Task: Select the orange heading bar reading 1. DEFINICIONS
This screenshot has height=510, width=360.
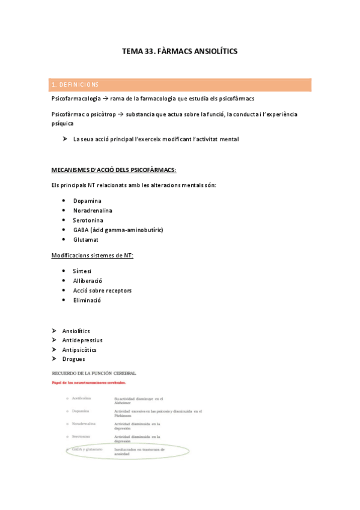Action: coord(181,85)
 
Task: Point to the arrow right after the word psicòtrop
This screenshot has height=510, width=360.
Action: coord(120,114)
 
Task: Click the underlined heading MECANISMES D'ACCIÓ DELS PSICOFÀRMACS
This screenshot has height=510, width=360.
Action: coord(114,169)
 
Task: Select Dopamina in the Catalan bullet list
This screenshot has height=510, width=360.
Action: coord(87,201)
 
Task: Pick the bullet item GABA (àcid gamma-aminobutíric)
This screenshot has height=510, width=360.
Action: coord(118,230)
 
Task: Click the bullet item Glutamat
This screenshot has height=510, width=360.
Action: coord(86,239)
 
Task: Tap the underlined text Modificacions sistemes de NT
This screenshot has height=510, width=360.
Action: coord(93,256)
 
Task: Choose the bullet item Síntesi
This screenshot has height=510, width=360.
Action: coord(82,271)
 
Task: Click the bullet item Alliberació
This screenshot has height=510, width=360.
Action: coord(88,281)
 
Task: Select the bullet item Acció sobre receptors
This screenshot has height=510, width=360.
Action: coord(102,290)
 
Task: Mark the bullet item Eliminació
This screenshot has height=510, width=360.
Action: coord(87,300)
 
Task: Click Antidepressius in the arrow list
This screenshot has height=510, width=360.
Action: coord(82,340)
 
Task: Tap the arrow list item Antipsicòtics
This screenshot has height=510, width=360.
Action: coord(79,349)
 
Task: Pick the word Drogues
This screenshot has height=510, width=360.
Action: coord(73,359)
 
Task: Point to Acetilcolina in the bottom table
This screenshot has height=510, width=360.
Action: coord(82,398)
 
